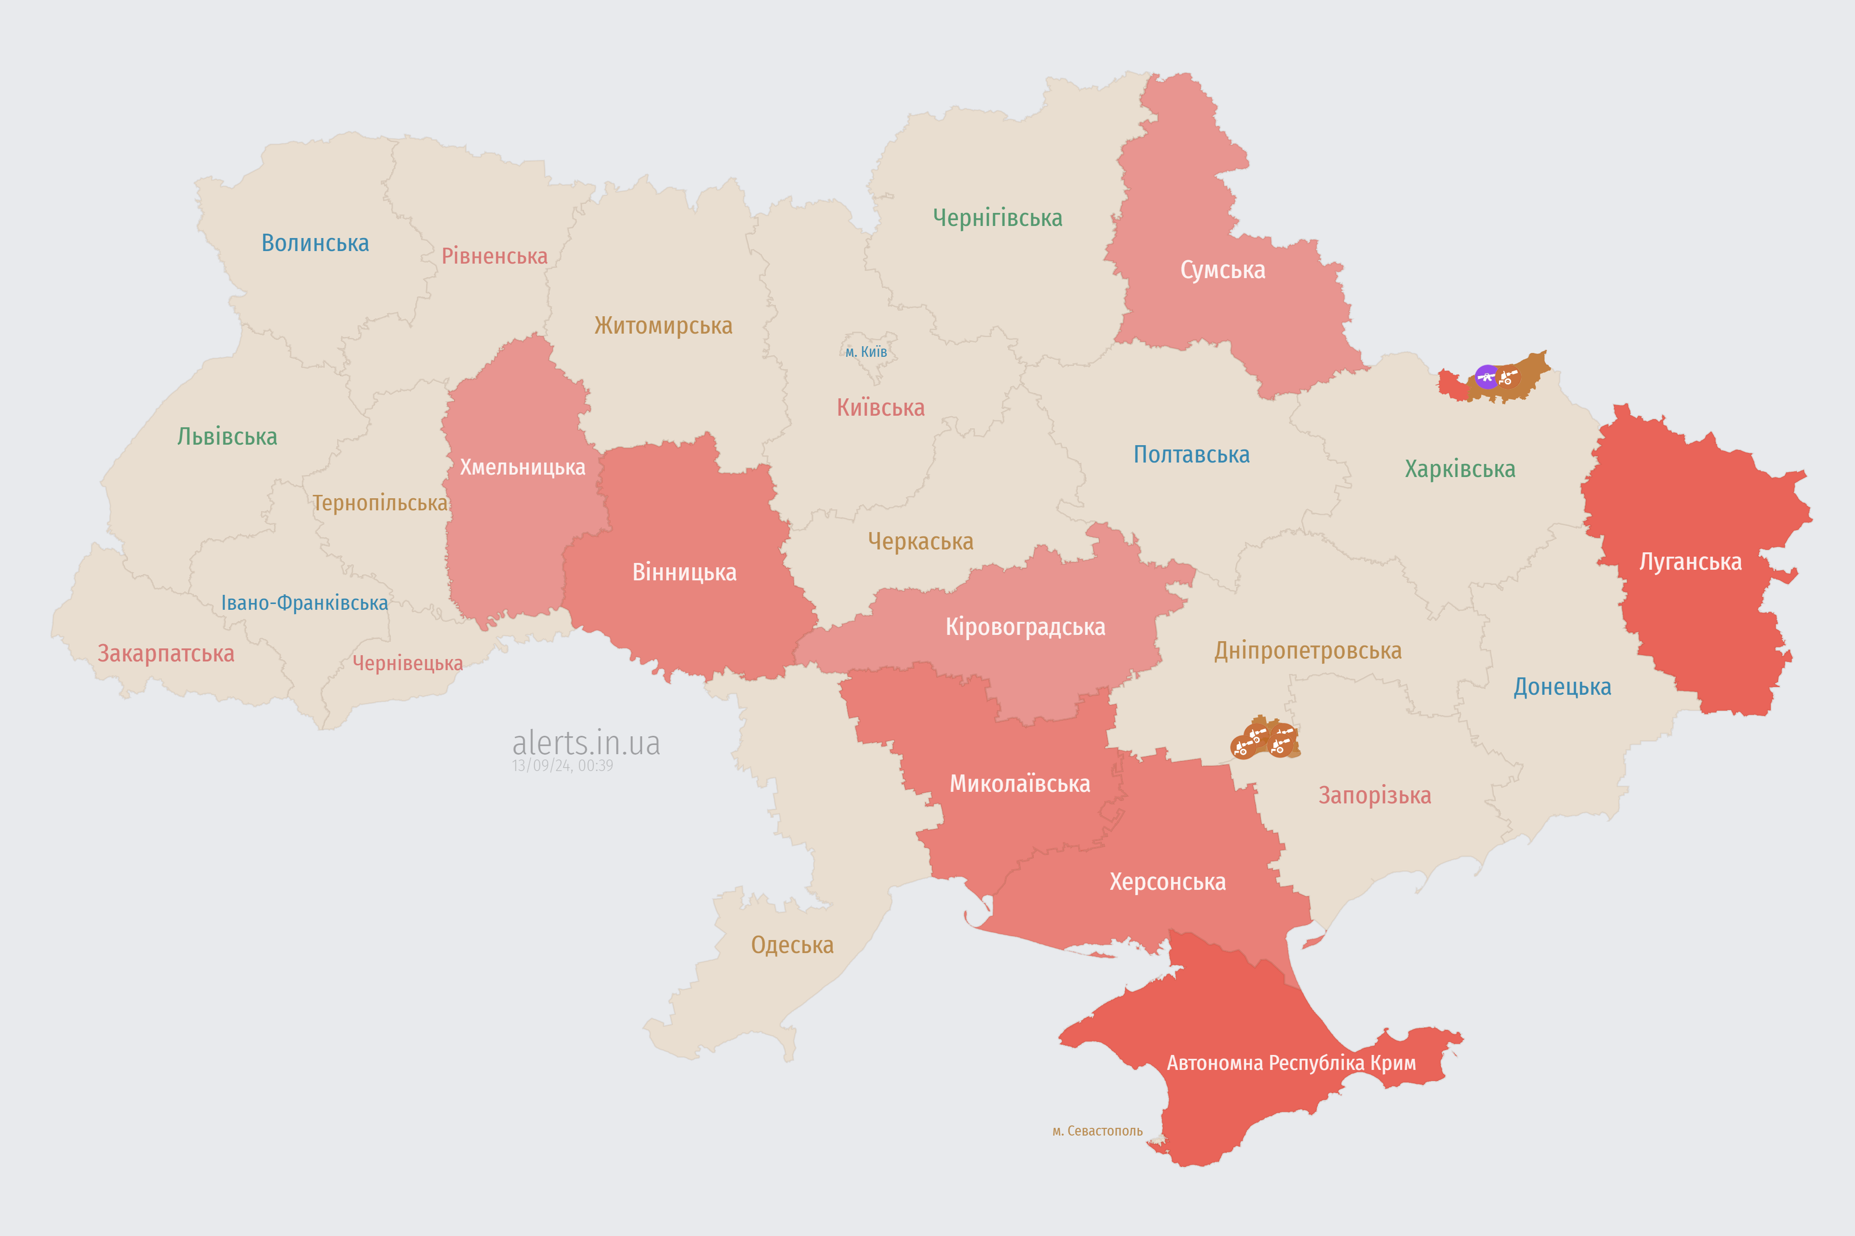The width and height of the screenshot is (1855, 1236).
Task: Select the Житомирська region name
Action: [663, 325]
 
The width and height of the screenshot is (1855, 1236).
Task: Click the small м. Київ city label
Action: [866, 351]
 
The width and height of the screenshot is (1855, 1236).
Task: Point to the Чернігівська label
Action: [997, 218]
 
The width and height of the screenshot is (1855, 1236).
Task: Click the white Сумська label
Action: [1223, 270]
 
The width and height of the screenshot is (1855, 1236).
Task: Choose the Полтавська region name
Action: [1191, 455]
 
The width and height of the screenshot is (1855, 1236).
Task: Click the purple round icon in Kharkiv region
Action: [1486, 377]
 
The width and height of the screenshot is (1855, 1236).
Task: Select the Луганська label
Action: [1690, 562]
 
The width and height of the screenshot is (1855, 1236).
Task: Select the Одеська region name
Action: [792, 945]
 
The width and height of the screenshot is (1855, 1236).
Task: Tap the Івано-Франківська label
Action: [304, 603]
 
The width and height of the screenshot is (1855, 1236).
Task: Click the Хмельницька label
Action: [522, 467]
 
